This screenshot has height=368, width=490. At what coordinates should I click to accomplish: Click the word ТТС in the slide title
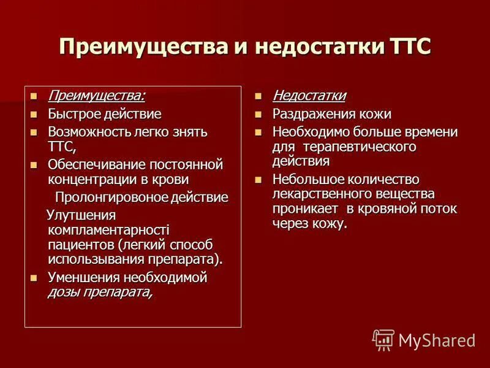tap(410, 48)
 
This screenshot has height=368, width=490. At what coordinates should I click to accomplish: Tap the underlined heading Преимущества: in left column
tap(96, 96)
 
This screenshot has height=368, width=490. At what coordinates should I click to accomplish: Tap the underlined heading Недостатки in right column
tap(309, 96)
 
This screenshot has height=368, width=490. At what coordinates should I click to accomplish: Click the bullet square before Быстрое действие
tap(34, 114)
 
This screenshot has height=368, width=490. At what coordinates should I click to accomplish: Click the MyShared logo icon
tap(383, 340)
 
